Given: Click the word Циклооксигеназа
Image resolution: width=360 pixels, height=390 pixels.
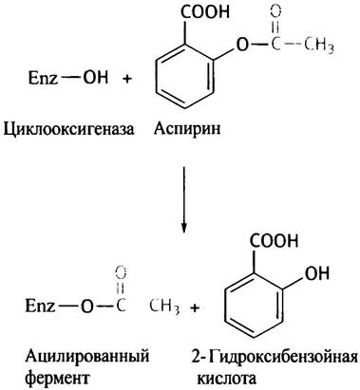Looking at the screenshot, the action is point(68,129).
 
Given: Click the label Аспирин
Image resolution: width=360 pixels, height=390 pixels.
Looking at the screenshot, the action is point(187,128).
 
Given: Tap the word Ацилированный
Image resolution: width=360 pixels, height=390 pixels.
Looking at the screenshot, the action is point(87,357).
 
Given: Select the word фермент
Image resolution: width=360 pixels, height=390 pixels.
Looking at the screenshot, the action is point(57,378).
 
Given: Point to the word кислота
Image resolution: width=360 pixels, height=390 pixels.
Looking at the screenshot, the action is point(226,379).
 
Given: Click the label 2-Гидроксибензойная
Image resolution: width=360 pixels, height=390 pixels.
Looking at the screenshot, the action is point(275,358).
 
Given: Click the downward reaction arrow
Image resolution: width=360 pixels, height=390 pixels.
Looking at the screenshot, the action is point(183,200).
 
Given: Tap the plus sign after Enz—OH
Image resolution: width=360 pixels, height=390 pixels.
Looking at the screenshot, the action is point(126,79).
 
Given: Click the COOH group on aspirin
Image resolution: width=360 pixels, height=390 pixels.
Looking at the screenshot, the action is point(205,12).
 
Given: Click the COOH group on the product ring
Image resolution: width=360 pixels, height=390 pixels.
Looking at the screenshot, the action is point(275,241).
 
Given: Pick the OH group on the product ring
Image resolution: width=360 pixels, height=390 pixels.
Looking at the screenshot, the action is point(317,272).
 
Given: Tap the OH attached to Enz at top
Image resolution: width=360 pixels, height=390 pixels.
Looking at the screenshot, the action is point(95,77).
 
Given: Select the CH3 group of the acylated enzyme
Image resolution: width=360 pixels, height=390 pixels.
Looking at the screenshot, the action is point(164,306).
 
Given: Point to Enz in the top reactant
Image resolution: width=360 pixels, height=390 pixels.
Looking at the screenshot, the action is point(43,78).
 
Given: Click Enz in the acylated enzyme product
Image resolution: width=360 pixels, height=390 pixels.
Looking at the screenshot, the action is point(40,306).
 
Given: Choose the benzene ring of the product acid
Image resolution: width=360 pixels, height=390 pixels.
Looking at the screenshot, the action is point(254,306).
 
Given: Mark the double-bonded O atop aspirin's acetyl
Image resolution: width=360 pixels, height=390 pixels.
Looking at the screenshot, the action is point(275,12).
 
